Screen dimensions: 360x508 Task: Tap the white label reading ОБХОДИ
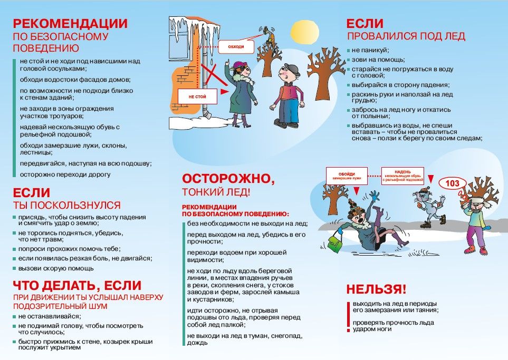[236, 47]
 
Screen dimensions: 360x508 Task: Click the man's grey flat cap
[291, 68]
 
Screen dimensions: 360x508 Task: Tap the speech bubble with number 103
[453, 183]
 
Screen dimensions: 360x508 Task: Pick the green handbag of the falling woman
[334, 242]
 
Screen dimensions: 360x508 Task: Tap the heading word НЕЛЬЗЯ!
[376, 289]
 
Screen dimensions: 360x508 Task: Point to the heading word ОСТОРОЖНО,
[228, 179]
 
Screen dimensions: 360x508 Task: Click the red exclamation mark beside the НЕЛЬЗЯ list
[348, 316]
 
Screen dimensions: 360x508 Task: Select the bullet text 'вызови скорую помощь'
[55, 268]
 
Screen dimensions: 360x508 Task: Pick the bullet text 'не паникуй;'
[370, 50]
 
